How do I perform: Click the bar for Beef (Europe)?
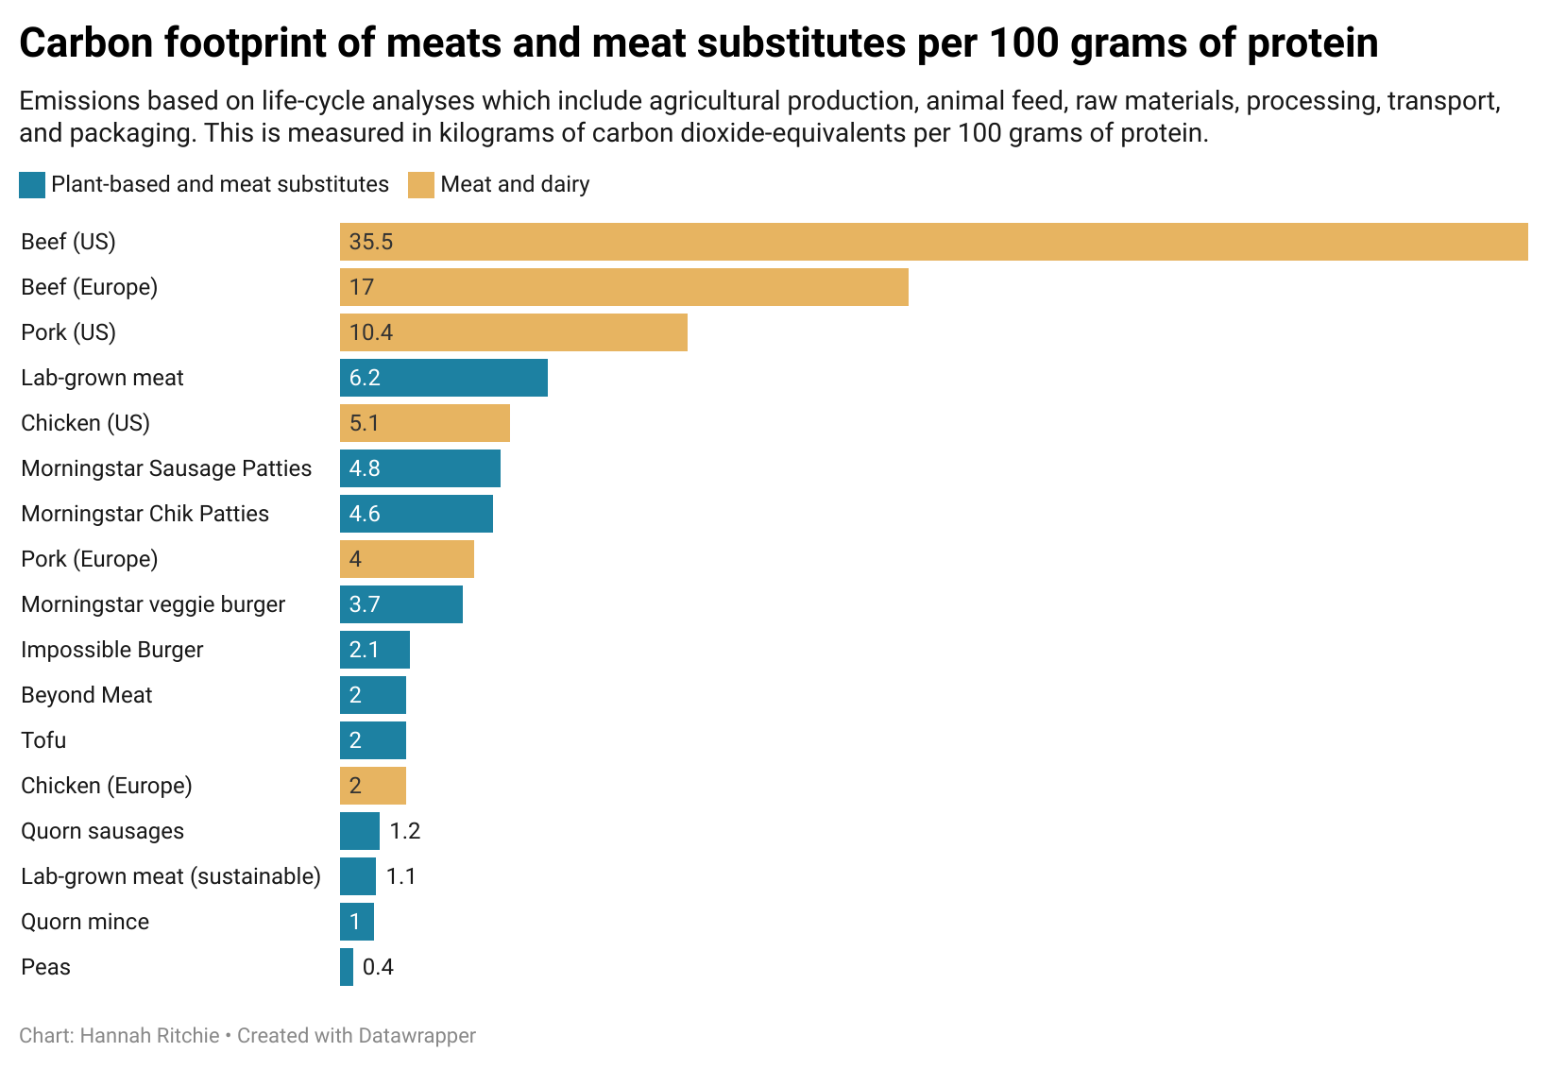(623, 287)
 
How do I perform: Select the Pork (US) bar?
(513, 332)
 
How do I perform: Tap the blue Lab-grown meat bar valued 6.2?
(444, 378)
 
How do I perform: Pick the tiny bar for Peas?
(347, 967)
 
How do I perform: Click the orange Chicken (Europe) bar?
(373, 786)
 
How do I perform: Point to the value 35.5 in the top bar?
(370, 242)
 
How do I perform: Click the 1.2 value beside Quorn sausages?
(404, 831)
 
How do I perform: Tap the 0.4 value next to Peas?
(378, 967)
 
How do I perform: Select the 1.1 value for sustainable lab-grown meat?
(400, 876)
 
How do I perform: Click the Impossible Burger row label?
(111, 650)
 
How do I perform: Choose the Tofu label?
(43, 740)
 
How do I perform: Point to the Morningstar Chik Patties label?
(145, 514)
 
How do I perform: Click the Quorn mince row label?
(85, 922)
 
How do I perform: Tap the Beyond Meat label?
(86, 695)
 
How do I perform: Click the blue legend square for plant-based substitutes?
(32, 185)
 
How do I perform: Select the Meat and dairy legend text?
(515, 184)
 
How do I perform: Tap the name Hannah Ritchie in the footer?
(149, 1036)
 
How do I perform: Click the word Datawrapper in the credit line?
(416, 1036)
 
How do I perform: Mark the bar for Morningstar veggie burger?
(401, 604)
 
